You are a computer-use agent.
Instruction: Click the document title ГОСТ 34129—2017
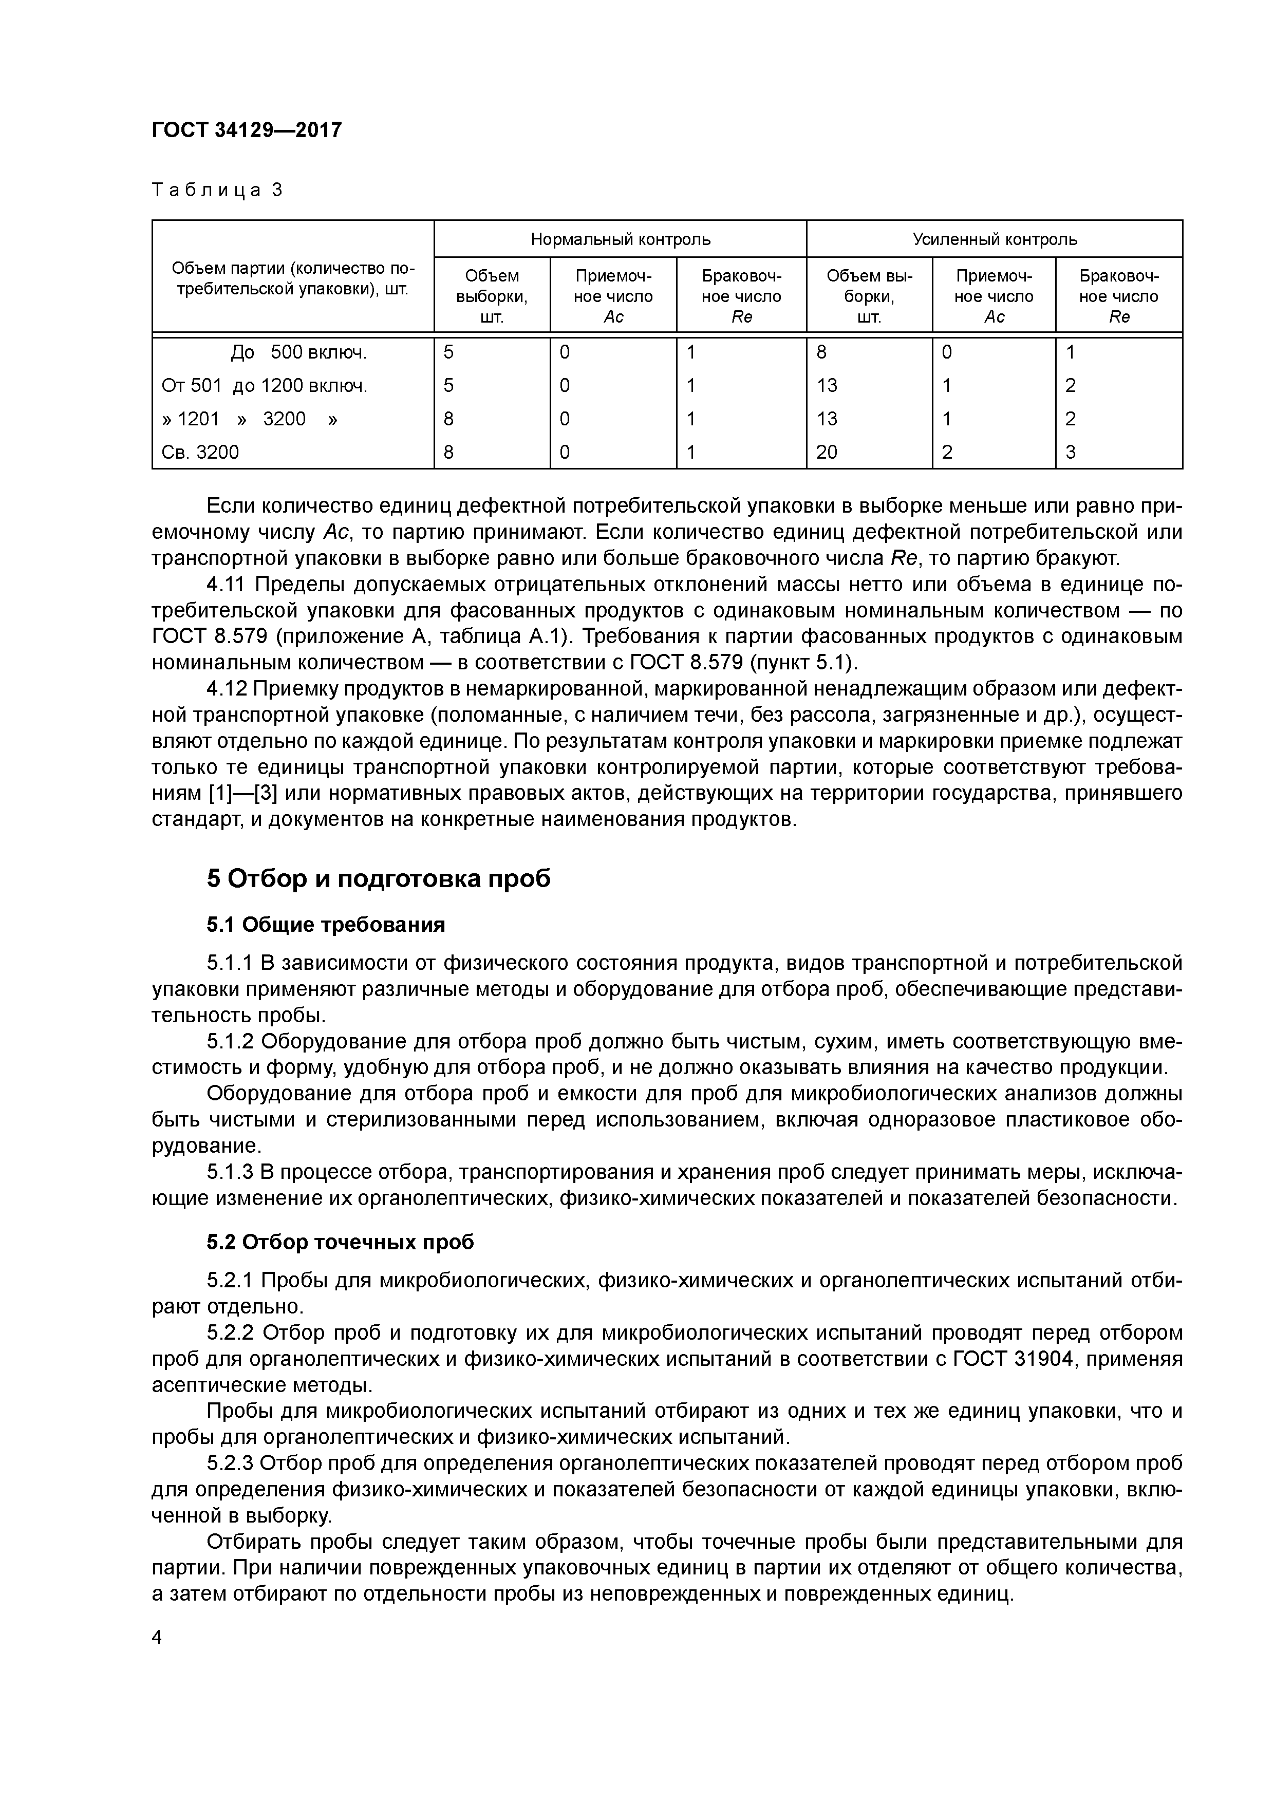pos(247,129)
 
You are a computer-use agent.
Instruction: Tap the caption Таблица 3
pos(217,190)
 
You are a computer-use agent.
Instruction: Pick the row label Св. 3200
pos(200,452)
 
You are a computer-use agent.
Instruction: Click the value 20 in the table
pos(827,452)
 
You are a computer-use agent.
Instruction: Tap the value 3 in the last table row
pos(1071,452)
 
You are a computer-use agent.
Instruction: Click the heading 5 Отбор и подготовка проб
pos(379,878)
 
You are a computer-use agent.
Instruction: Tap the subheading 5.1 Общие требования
pos(326,925)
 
